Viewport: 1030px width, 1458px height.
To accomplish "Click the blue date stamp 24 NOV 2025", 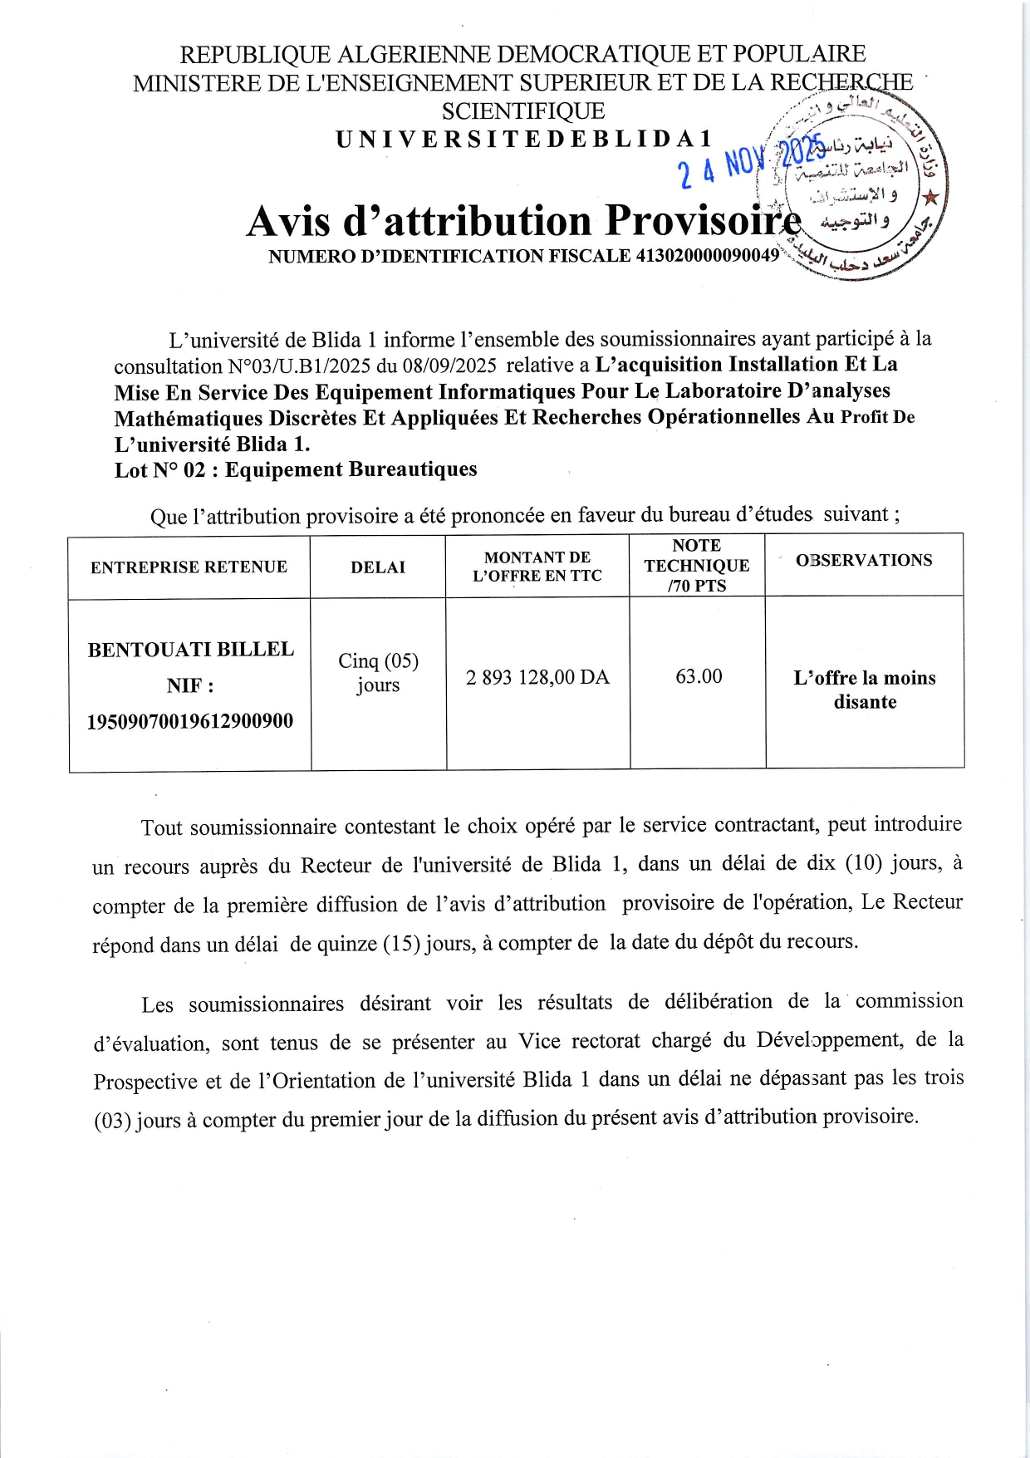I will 752,160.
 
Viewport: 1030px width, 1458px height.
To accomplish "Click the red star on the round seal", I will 930,198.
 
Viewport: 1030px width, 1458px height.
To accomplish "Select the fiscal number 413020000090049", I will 707,256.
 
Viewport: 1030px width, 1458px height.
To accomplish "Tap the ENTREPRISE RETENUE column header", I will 189,567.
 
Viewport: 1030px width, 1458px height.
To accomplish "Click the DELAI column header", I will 378,567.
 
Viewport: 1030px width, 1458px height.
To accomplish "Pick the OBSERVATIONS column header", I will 864,560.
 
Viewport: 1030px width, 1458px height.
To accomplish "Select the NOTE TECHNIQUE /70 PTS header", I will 697,565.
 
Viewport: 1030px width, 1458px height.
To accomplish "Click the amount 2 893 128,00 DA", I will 537,677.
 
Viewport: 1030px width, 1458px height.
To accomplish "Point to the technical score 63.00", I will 699,676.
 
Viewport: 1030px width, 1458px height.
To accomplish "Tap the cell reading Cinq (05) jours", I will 378,672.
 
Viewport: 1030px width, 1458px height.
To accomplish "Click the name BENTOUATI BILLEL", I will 191,649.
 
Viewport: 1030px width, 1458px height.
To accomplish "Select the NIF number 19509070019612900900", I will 190,720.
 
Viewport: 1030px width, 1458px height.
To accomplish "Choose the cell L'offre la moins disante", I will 865,690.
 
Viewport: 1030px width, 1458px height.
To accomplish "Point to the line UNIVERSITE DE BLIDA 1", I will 524,140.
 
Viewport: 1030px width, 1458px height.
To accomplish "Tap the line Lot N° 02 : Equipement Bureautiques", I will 296,469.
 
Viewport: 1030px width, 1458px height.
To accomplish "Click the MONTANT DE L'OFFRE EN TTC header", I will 537,566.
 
